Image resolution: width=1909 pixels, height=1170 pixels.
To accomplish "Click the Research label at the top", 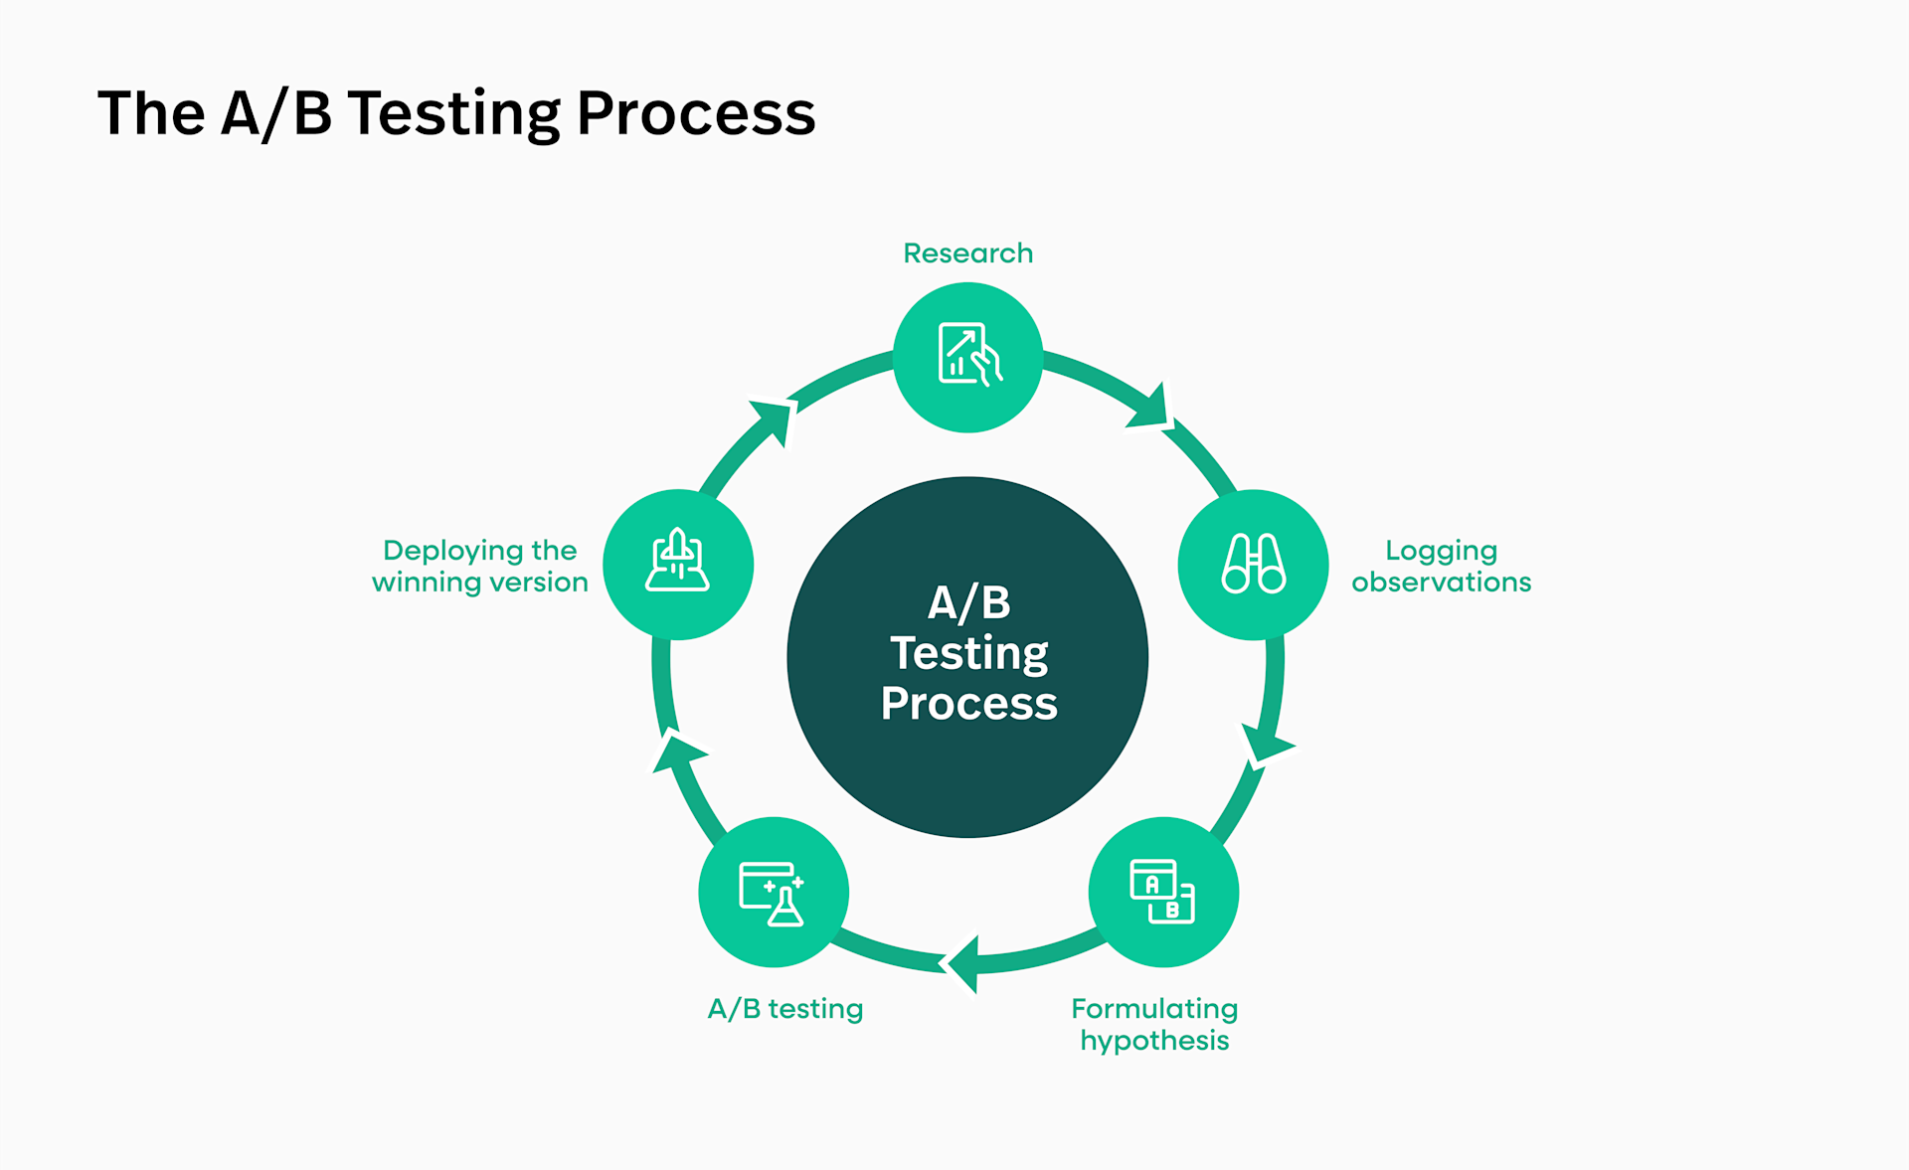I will pyautogui.click(x=967, y=253).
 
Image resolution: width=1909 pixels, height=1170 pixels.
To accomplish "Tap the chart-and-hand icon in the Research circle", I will pyautogui.click(x=968, y=356).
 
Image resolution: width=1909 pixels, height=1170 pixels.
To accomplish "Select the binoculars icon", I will pyautogui.click(x=1253, y=564).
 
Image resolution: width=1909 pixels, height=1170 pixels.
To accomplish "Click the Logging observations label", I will pyautogui.click(x=1441, y=566).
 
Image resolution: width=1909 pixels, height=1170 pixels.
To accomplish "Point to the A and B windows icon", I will pyautogui.click(x=1162, y=892).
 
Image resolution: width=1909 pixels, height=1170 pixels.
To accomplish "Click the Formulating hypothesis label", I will pyautogui.click(x=1154, y=1024).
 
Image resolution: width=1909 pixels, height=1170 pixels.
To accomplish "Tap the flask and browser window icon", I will pyautogui.click(x=773, y=893).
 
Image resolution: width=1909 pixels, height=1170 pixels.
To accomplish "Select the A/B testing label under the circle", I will pyautogui.click(x=784, y=1009).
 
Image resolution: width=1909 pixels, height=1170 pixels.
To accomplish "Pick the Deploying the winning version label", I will pyautogui.click(x=479, y=566).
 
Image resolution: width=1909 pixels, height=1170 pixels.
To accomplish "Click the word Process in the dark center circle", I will pyautogui.click(x=968, y=704).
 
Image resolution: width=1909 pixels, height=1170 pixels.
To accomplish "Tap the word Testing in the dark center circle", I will pyautogui.click(x=968, y=653).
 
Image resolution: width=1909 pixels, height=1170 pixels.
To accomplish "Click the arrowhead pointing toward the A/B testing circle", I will pyautogui.click(x=964, y=963).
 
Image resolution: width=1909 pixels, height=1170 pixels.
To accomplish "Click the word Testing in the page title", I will pyautogui.click(x=453, y=112).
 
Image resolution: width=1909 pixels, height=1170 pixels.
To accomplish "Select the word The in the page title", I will pyautogui.click(x=151, y=112).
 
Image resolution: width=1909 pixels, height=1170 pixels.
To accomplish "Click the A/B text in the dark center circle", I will pyautogui.click(x=968, y=602).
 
